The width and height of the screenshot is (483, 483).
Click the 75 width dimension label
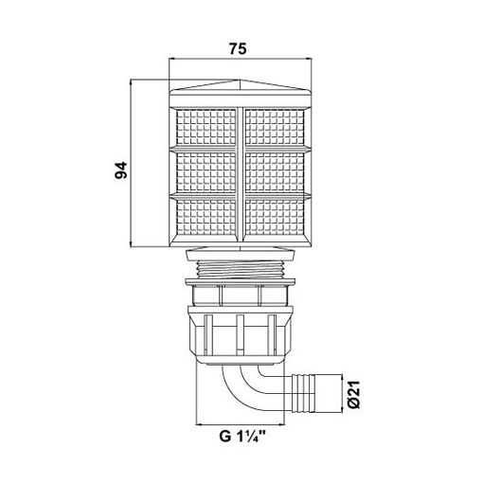tap(238, 49)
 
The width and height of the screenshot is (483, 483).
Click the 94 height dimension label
tap(121, 170)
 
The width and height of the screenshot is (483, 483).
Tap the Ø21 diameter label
tap(354, 394)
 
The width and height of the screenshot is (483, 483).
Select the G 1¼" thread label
tap(241, 437)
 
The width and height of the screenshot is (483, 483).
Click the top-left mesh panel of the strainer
tap(206, 128)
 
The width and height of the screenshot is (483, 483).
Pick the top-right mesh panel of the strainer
tap(275, 128)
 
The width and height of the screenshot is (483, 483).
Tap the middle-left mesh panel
tap(206, 172)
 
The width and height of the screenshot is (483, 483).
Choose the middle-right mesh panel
tap(275, 172)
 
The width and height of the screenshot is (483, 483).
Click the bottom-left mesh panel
tap(206, 217)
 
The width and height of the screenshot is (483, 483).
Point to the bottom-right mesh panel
tap(275, 217)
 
